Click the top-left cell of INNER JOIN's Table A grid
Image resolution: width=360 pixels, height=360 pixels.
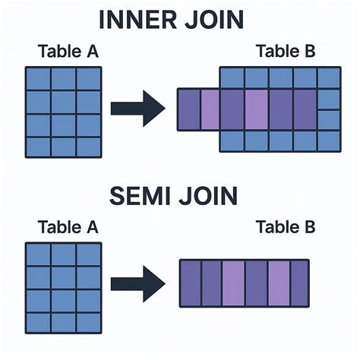coord(39,78)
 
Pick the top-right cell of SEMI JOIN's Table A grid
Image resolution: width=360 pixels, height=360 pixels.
coord(89,254)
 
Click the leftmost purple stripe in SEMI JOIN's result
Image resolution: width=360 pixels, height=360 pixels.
coord(189,283)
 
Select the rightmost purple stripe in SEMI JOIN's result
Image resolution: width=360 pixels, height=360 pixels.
coord(300,283)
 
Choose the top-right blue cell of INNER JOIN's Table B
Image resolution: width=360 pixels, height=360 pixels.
coord(329,77)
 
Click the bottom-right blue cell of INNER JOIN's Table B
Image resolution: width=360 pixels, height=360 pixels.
coord(329,141)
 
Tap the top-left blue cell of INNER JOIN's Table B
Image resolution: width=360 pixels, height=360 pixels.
coord(232,77)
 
